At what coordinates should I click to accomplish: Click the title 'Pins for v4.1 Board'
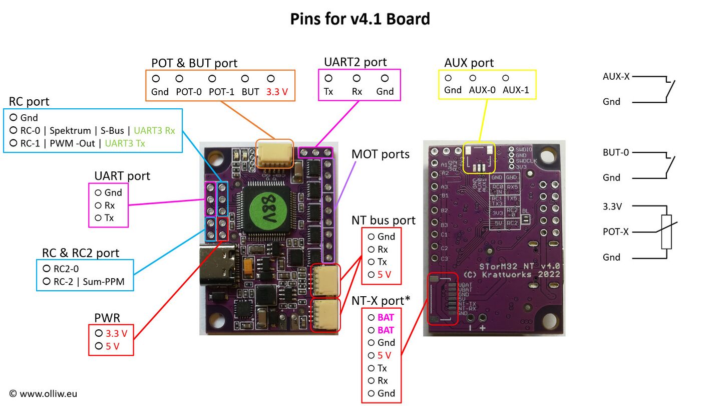point(360,19)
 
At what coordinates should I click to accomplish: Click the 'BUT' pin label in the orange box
point(250,92)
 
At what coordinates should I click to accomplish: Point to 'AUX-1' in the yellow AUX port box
point(515,90)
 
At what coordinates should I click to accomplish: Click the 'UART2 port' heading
point(355,62)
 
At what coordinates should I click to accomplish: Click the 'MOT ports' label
point(380,154)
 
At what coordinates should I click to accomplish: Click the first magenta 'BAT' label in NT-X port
point(386,317)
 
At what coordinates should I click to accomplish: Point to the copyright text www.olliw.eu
point(43,394)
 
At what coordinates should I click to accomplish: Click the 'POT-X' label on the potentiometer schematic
point(616,232)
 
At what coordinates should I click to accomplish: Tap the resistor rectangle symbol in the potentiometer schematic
point(666,232)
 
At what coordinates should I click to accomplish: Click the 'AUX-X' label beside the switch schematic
point(616,77)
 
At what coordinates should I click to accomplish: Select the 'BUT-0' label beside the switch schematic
point(615,152)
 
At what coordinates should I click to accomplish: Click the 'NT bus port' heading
point(384,220)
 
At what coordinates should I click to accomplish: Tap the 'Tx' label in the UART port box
point(109,218)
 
